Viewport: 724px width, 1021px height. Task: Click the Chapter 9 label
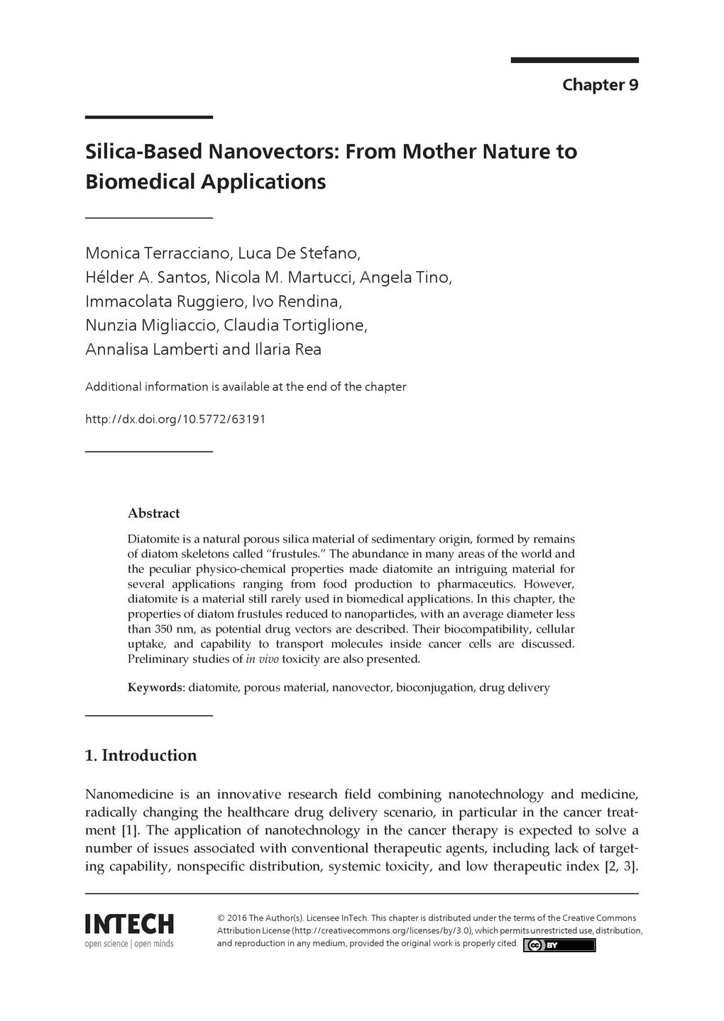point(600,85)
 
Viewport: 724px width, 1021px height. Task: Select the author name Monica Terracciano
point(158,253)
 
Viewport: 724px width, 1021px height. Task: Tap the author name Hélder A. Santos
point(146,277)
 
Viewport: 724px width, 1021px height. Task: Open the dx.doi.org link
point(175,419)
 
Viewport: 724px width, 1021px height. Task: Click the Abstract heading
point(153,513)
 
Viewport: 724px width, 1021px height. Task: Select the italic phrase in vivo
point(262,659)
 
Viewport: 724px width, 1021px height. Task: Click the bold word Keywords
point(155,688)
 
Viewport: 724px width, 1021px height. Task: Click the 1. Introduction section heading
point(141,756)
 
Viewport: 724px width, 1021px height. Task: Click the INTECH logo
point(129,930)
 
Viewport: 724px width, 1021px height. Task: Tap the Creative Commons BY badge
point(559,945)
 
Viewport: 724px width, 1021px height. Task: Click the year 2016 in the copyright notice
point(238,918)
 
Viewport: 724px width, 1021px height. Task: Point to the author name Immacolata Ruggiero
point(165,301)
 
